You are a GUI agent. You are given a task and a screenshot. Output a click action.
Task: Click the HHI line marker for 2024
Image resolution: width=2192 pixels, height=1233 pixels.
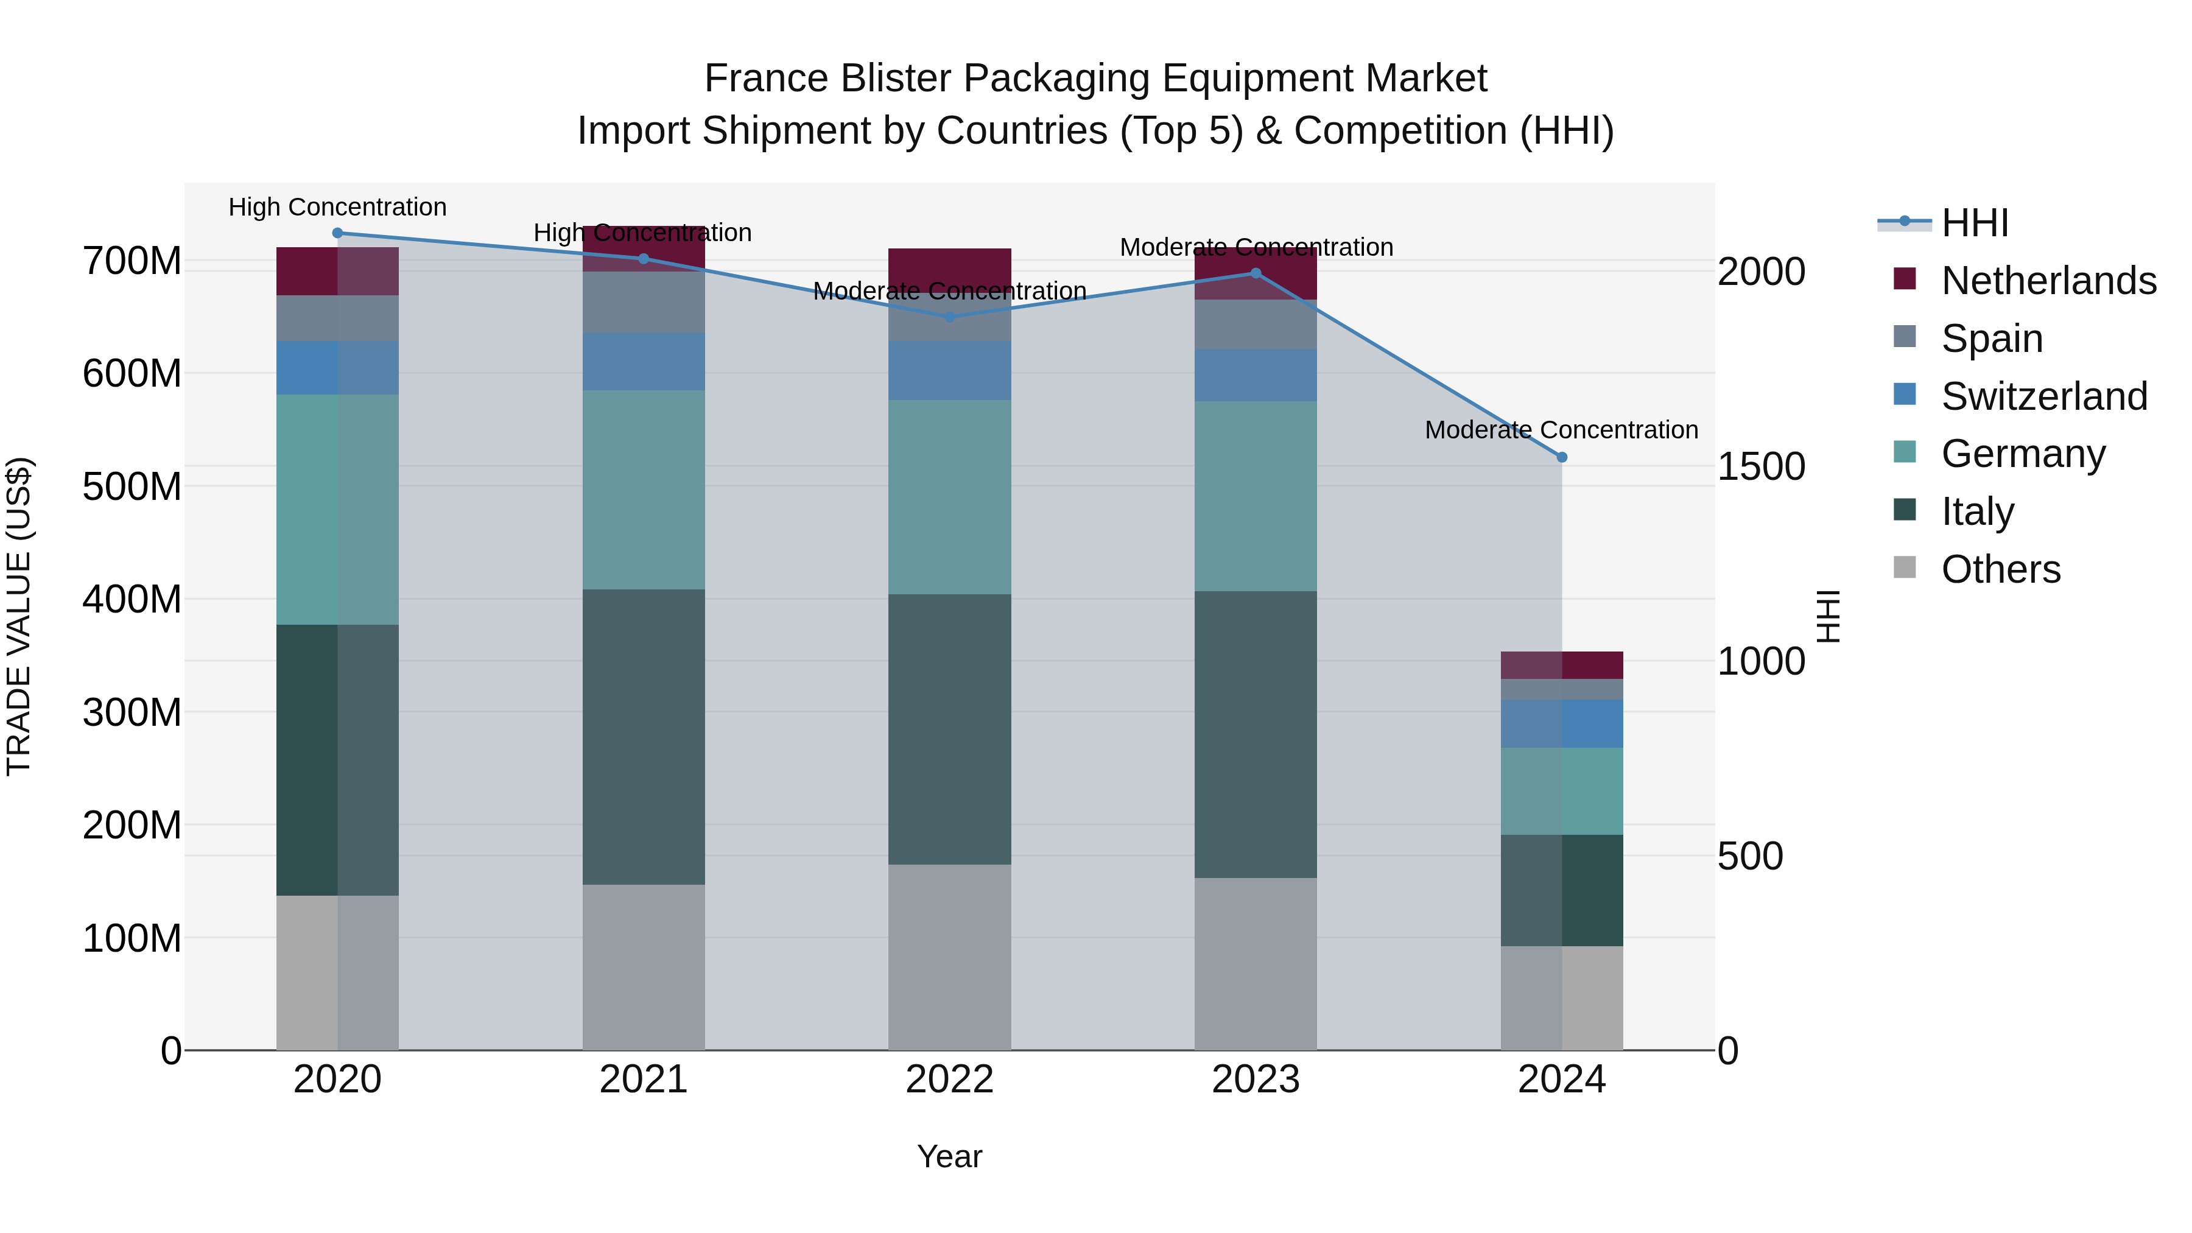(1561, 457)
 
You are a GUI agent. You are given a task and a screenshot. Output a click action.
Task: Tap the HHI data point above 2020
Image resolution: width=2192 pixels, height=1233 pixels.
(338, 233)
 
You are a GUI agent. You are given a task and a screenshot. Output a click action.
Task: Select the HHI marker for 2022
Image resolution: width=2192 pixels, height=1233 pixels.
(950, 317)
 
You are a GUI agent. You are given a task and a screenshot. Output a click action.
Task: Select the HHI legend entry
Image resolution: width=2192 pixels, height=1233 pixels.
(1974, 223)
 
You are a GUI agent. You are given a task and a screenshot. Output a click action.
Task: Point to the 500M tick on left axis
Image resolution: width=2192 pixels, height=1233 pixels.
(132, 487)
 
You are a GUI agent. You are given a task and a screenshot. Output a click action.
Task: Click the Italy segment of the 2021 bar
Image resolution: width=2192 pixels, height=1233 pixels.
(644, 736)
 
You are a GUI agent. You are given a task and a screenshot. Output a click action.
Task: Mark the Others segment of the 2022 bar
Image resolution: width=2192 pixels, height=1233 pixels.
(950, 957)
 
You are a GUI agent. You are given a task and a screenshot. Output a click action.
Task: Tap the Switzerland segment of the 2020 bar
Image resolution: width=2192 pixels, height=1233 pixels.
(338, 368)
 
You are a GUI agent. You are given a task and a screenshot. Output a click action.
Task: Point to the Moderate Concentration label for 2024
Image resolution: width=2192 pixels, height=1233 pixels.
(1561, 430)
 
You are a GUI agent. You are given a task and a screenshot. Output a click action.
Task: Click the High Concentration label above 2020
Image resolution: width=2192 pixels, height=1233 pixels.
(338, 208)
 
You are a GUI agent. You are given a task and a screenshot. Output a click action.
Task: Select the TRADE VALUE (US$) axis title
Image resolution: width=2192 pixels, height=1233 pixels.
(19, 616)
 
